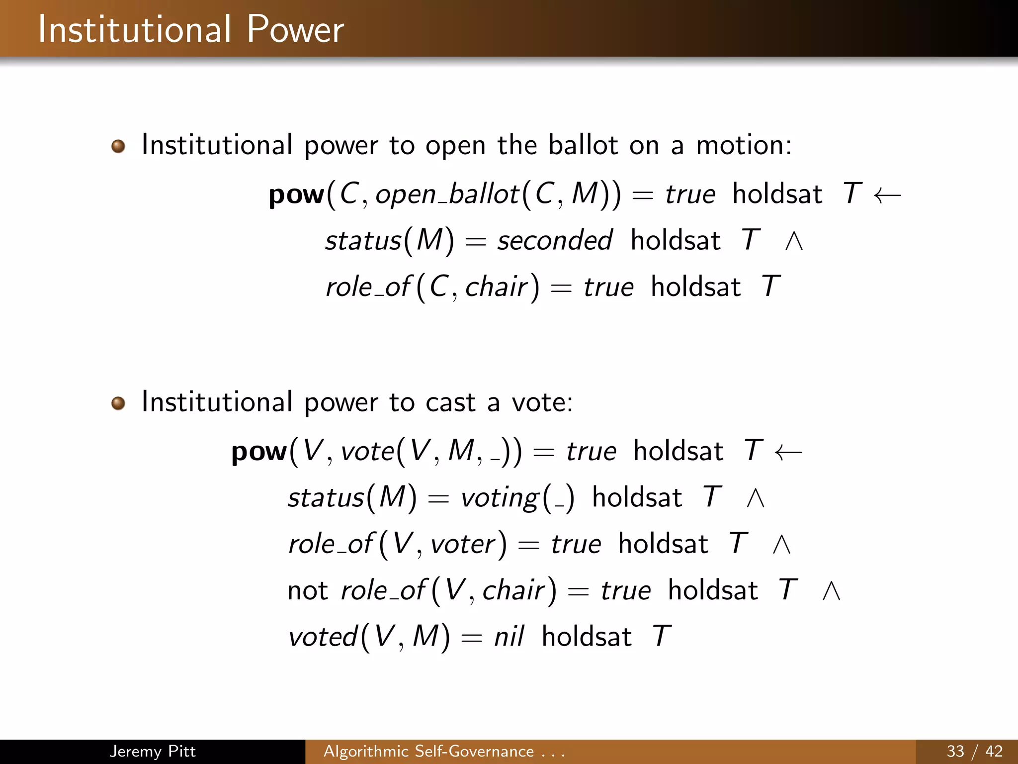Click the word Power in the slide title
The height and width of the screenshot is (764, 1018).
(x=295, y=30)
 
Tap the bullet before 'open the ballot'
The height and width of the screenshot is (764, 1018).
(x=118, y=147)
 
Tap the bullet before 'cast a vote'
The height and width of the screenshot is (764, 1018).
(x=118, y=403)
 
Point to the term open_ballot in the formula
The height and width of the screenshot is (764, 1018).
(x=447, y=194)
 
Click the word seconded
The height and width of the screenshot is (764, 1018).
(x=554, y=241)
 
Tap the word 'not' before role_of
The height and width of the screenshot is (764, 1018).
(x=308, y=591)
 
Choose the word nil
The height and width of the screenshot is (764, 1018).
(x=509, y=637)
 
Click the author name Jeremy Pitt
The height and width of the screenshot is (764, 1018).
(x=153, y=751)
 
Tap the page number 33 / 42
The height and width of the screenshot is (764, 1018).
(x=974, y=751)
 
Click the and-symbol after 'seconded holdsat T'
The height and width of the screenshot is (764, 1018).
(x=794, y=242)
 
